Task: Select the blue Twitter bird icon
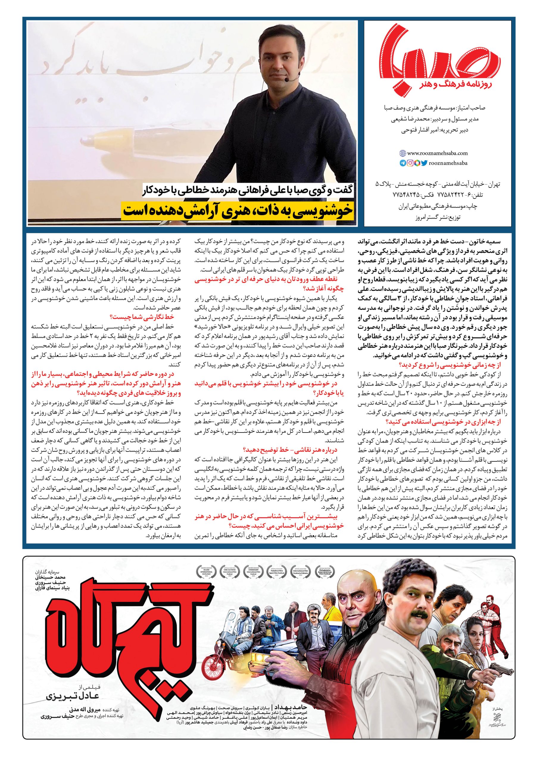[x=424, y=163]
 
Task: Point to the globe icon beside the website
[x=403, y=153]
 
